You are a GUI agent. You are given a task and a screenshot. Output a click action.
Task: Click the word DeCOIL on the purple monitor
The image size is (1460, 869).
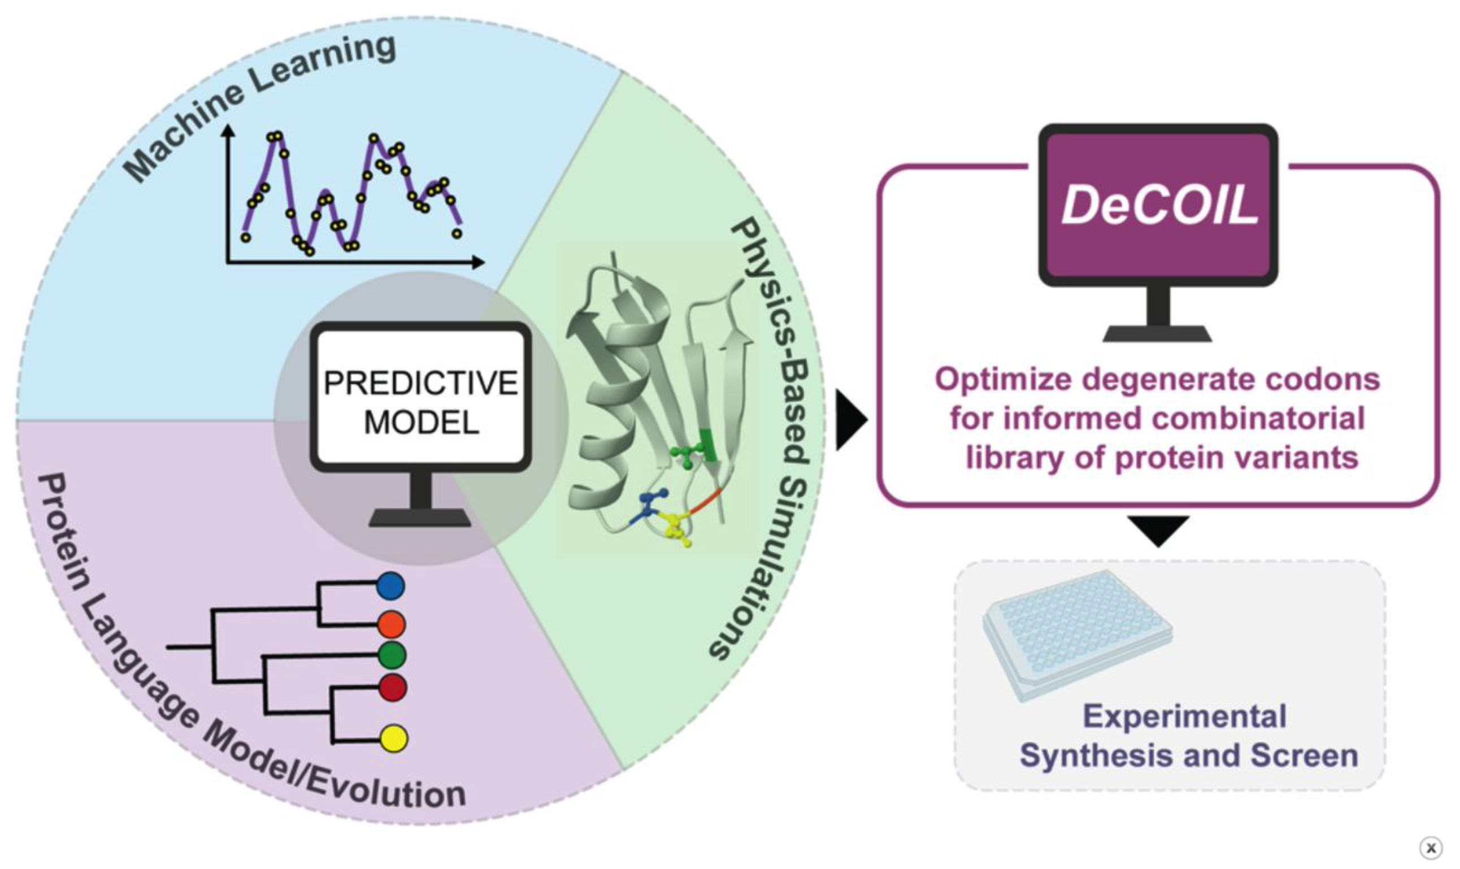coord(1159,205)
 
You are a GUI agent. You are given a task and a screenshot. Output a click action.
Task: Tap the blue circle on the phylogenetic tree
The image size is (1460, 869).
coord(390,586)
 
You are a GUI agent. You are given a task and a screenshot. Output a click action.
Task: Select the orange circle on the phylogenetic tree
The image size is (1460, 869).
coord(392,624)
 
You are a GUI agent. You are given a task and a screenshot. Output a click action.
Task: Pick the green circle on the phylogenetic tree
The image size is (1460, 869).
coord(392,655)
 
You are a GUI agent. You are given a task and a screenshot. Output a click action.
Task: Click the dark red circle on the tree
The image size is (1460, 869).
coord(392,688)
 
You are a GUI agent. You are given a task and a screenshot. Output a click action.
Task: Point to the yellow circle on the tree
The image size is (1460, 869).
coord(393,738)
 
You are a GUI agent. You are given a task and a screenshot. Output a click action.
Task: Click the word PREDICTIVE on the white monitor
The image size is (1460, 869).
coord(421,383)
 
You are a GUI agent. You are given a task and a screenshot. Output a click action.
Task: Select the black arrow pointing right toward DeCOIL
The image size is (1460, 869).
coord(850,420)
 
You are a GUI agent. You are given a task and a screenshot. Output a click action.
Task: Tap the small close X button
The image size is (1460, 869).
coord(1431,848)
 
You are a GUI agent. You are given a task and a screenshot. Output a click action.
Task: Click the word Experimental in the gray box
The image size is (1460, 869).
coord(1184,717)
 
